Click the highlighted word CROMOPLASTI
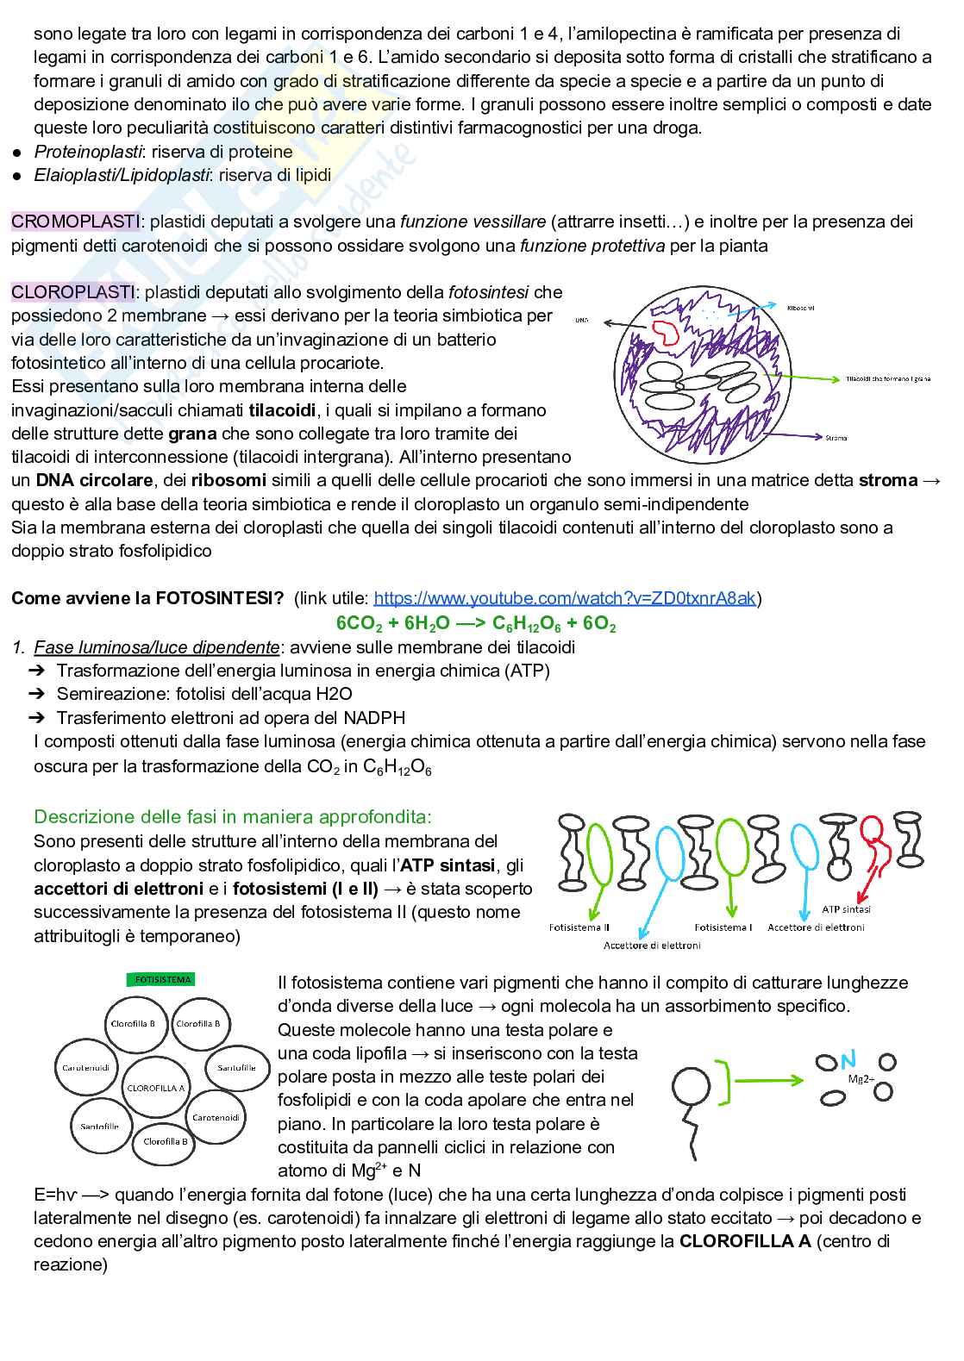(76, 222)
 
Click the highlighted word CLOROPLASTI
(73, 292)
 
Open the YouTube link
(565, 598)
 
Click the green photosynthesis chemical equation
(476, 623)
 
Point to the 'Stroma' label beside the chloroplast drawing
(836, 438)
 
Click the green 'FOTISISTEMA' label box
(163, 979)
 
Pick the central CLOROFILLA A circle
(156, 1088)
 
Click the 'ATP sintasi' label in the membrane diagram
(846, 908)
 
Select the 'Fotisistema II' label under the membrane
(579, 927)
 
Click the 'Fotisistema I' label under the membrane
(723, 927)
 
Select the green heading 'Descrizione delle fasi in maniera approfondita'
(233, 816)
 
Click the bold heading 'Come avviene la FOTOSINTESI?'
(147, 598)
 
